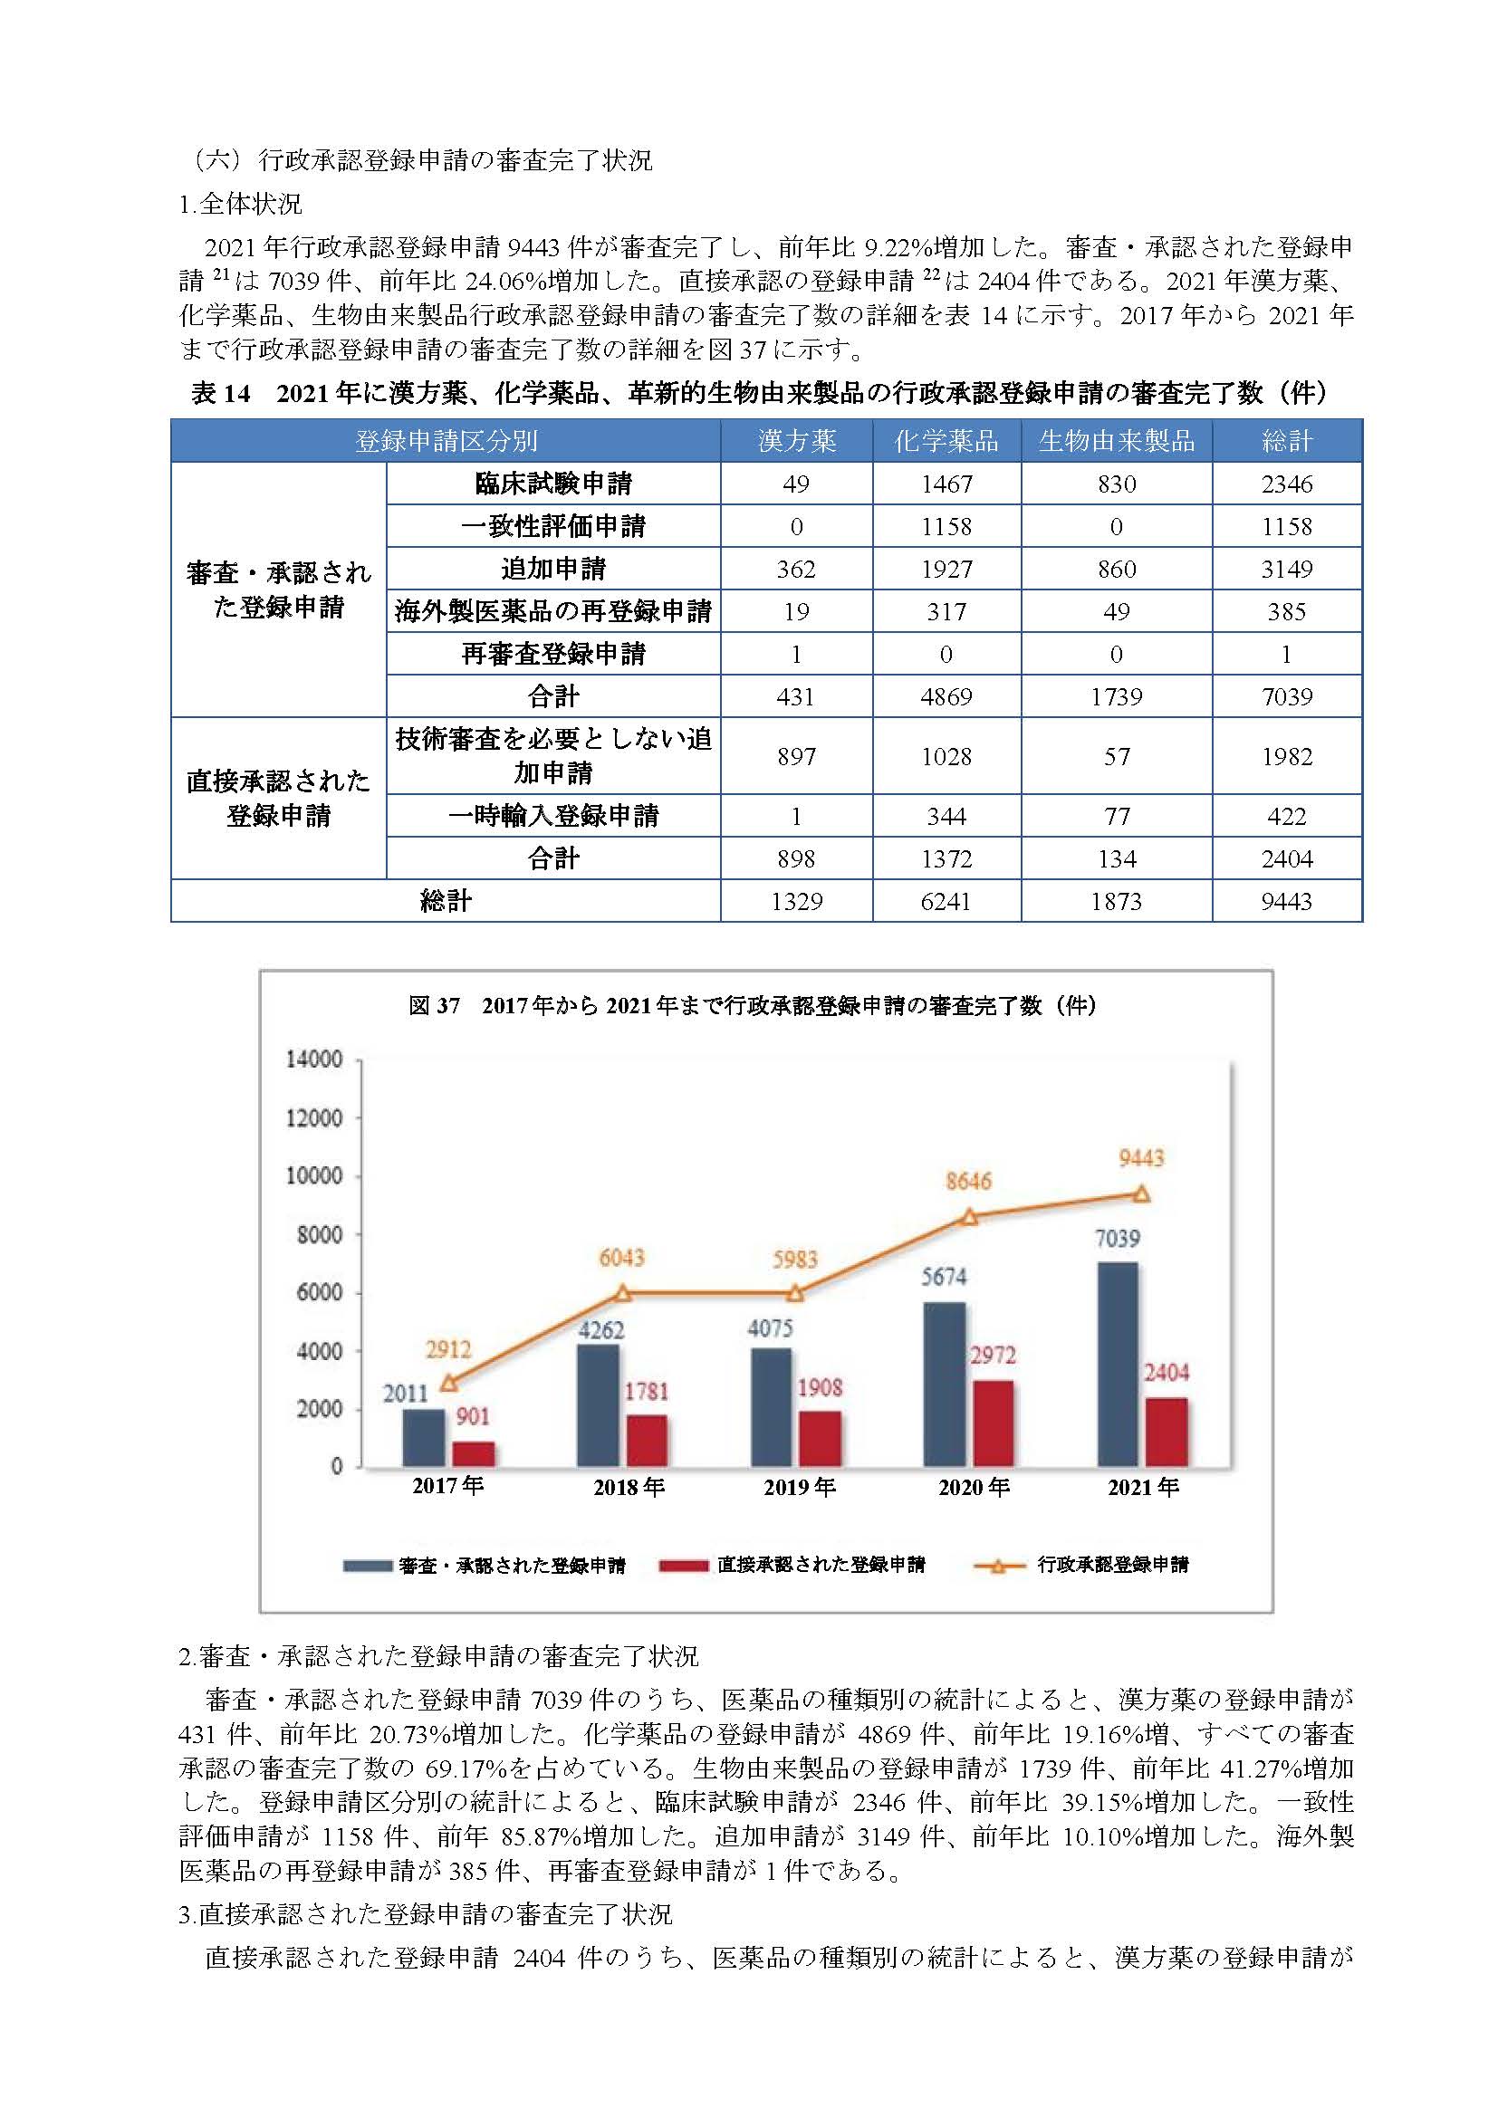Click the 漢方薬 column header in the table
(796, 441)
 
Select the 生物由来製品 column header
(1116, 441)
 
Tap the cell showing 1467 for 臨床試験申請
(946, 484)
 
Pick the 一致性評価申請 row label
(552, 526)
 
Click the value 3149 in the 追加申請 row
(1287, 570)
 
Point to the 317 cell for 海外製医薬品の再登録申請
(946, 611)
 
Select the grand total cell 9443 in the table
(1287, 901)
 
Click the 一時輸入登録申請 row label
(552, 816)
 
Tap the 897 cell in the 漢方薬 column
(796, 756)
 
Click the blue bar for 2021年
(1117, 1365)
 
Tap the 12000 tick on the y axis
(313, 1118)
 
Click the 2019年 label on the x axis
(800, 1487)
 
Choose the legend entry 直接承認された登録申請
(792, 1565)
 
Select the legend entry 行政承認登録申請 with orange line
(1081, 1565)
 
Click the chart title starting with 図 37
(752, 1005)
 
